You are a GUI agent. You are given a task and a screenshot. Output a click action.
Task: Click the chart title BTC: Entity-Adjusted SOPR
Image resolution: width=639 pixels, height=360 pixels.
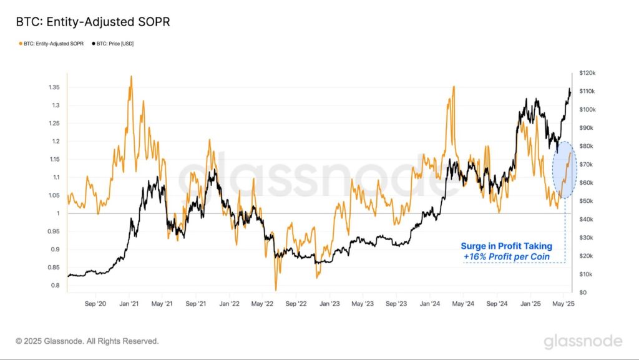click(93, 22)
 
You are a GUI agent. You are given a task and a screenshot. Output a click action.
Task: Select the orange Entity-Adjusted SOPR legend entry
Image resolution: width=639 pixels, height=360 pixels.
click(52, 44)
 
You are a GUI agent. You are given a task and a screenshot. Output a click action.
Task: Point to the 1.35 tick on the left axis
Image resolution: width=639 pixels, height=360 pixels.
click(53, 87)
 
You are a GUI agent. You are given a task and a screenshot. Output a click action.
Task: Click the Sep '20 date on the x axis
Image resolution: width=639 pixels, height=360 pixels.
click(95, 304)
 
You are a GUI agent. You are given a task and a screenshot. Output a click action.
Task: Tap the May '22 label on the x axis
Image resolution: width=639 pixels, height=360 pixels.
click(262, 304)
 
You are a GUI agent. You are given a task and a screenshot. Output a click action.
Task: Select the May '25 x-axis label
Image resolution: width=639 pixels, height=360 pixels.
click(563, 304)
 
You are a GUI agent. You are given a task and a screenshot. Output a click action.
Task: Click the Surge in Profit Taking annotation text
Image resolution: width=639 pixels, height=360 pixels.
click(506, 246)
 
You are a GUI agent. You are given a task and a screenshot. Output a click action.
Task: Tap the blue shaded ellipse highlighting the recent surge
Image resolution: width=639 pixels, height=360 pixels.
click(565, 170)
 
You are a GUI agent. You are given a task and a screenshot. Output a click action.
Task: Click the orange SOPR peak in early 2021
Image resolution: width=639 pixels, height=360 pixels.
click(130, 77)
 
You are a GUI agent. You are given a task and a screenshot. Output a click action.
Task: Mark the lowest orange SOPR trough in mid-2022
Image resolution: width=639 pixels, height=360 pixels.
click(276, 289)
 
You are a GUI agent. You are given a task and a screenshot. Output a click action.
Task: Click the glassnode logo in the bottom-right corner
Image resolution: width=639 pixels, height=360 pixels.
click(582, 341)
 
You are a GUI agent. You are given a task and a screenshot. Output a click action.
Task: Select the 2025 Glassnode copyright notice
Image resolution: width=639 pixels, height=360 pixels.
click(87, 341)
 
